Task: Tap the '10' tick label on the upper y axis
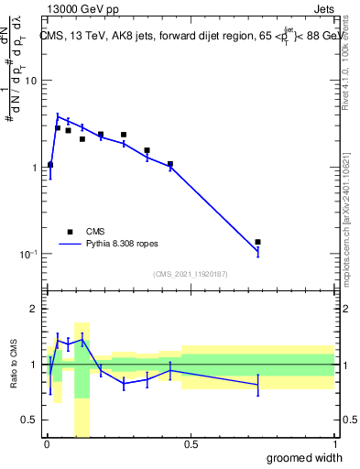31,81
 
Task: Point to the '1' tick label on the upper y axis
35,168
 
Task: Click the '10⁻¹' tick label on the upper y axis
29,254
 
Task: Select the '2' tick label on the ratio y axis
35,310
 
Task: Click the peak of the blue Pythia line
58,116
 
